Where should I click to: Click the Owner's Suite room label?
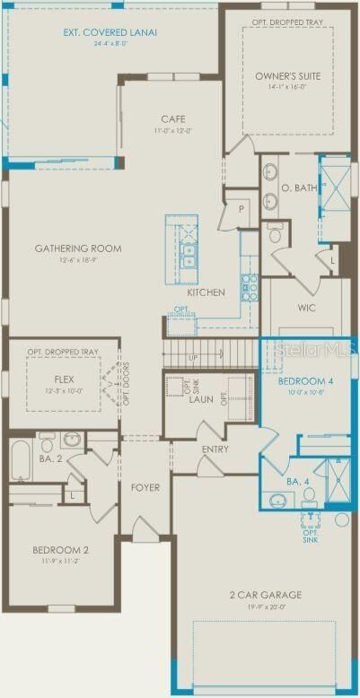[287, 76]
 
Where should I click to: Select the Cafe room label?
[173, 118]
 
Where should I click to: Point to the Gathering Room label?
[78, 249]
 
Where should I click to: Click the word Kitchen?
[205, 293]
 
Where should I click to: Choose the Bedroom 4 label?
[307, 381]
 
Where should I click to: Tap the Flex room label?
[63, 380]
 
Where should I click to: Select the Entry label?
[215, 449]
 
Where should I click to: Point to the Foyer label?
[145, 488]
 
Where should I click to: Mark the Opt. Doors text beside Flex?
[127, 384]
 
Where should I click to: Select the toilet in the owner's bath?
[277, 232]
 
